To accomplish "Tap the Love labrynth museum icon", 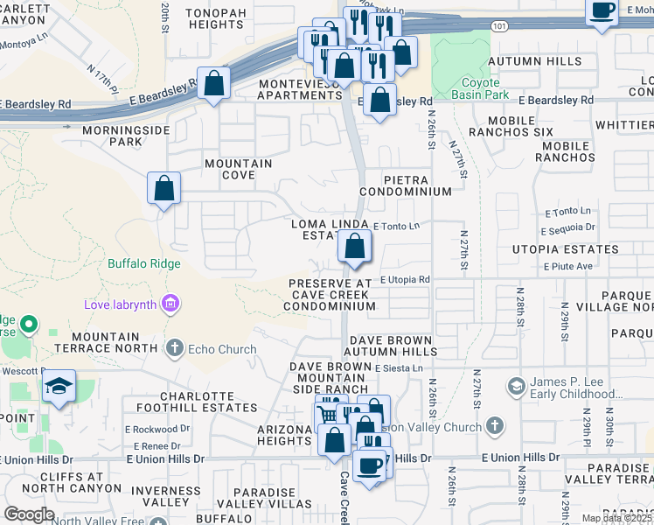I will (171, 304).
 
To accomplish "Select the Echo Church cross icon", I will (175, 348).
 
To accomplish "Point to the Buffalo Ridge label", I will (144, 263).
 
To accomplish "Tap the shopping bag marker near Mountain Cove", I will (163, 188).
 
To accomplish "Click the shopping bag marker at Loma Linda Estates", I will (354, 248).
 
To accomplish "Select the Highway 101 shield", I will (497, 26).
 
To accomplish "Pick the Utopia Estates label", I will (567, 249).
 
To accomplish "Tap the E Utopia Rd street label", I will (405, 279).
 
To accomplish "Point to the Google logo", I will (29, 514).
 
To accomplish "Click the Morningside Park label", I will (112, 136).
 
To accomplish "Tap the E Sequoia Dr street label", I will (567, 229).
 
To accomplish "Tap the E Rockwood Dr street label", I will (157, 429).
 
